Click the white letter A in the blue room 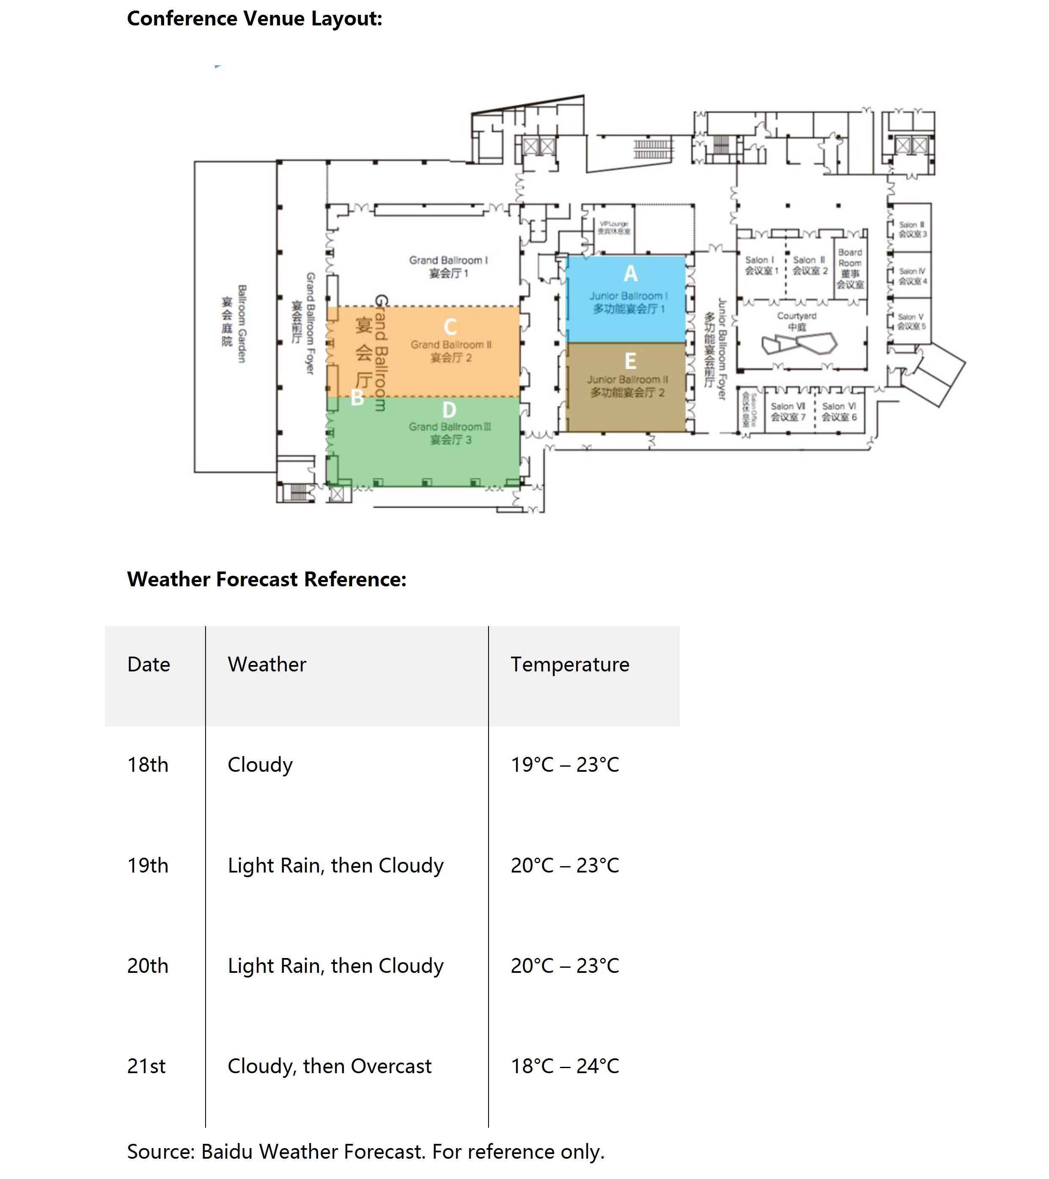point(631,273)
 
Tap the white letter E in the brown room point(631,361)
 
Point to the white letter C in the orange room point(450,327)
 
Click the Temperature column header point(569,665)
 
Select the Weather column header point(267,665)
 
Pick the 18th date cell point(148,765)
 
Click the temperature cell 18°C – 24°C point(565,1066)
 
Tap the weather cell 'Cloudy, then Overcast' point(329,1066)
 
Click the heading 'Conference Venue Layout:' point(254,19)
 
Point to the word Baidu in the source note point(227,1151)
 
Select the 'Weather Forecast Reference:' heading point(267,579)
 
